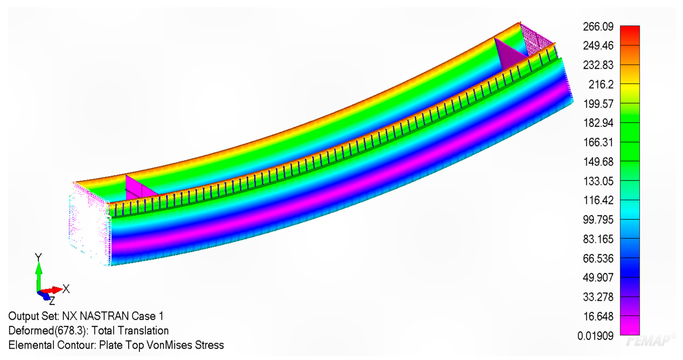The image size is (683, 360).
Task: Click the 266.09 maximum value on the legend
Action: pos(598,26)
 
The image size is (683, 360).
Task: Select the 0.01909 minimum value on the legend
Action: pos(596,336)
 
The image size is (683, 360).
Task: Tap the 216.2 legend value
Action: pos(601,85)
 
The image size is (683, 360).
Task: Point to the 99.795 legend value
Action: pos(598,220)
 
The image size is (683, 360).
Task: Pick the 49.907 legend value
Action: pos(598,277)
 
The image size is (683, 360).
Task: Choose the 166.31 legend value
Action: pos(598,143)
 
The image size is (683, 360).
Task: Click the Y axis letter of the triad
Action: pos(38,258)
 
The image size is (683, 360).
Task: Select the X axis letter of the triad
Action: pos(66,289)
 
